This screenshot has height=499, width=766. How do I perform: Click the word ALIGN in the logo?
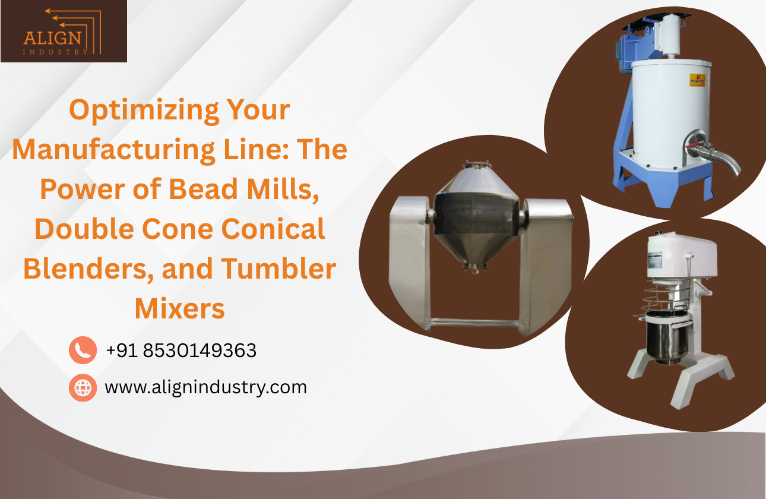(x=52, y=38)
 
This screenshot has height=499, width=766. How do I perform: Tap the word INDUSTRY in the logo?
(x=56, y=52)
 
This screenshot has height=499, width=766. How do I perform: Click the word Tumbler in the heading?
(x=278, y=269)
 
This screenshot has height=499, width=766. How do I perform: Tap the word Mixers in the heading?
(x=179, y=309)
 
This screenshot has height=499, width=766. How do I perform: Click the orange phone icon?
(x=83, y=350)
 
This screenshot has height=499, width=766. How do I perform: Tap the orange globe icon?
(x=83, y=387)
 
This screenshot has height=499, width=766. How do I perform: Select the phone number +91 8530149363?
(x=181, y=350)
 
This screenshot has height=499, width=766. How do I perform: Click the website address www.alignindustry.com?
(x=205, y=387)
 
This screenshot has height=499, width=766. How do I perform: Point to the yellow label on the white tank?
(x=697, y=80)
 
